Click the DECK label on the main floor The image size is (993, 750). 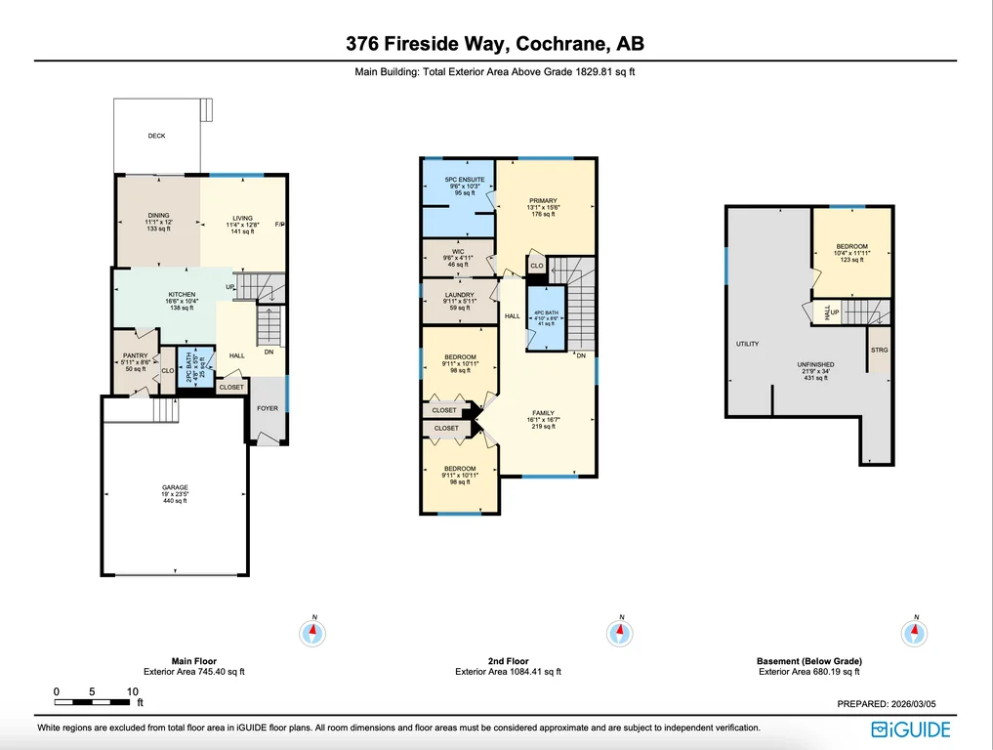point(156,136)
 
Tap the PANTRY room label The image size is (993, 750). point(136,356)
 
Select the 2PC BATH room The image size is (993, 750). point(195,365)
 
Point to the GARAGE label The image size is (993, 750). point(175,487)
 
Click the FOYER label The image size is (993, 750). point(268,408)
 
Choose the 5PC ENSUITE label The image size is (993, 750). point(465,180)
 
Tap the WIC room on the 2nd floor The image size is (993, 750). point(458,259)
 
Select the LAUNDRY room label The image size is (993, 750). point(460,295)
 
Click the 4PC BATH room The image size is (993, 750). point(546,318)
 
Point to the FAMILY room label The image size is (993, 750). point(543,413)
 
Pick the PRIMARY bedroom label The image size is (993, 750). point(543,201)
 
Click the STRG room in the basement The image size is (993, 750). point(879,350)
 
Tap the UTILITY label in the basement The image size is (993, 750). point(747,344)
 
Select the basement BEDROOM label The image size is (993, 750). point(851,246)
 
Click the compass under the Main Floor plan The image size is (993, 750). point(312,632)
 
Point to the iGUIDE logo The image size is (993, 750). point(911,729)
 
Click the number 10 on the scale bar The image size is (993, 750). point(133,691)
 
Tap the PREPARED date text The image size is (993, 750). point(887,704)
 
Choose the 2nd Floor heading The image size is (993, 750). point(508,661)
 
